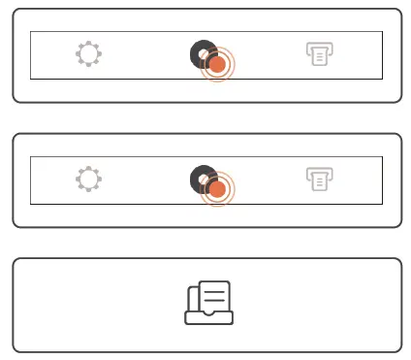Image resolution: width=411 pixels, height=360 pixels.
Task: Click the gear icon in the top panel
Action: coord(88,55)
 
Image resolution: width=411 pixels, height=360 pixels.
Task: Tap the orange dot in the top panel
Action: coord(218,65)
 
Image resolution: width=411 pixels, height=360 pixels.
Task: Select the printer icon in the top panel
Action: coord(317,54)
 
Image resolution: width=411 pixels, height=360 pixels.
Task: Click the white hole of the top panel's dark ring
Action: coord(204,54)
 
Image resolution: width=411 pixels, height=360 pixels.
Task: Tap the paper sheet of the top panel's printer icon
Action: coord(317,58)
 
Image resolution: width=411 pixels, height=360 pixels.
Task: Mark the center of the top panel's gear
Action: coord(88,55)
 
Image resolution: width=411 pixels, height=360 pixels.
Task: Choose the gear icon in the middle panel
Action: coord(88,179)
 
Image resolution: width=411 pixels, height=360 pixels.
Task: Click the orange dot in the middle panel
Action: coord(218,188)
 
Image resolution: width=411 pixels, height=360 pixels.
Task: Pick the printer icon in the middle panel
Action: coord(317,179)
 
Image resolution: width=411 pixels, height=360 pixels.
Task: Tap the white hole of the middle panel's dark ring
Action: coord(204,179)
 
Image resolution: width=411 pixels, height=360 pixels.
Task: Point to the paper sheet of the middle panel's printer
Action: coord(317,182)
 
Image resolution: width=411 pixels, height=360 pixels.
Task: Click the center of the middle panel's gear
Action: coord(88,179)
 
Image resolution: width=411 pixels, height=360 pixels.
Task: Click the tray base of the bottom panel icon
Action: coord(208,317)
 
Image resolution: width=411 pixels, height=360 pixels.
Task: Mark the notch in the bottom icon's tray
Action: coord(208,311)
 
